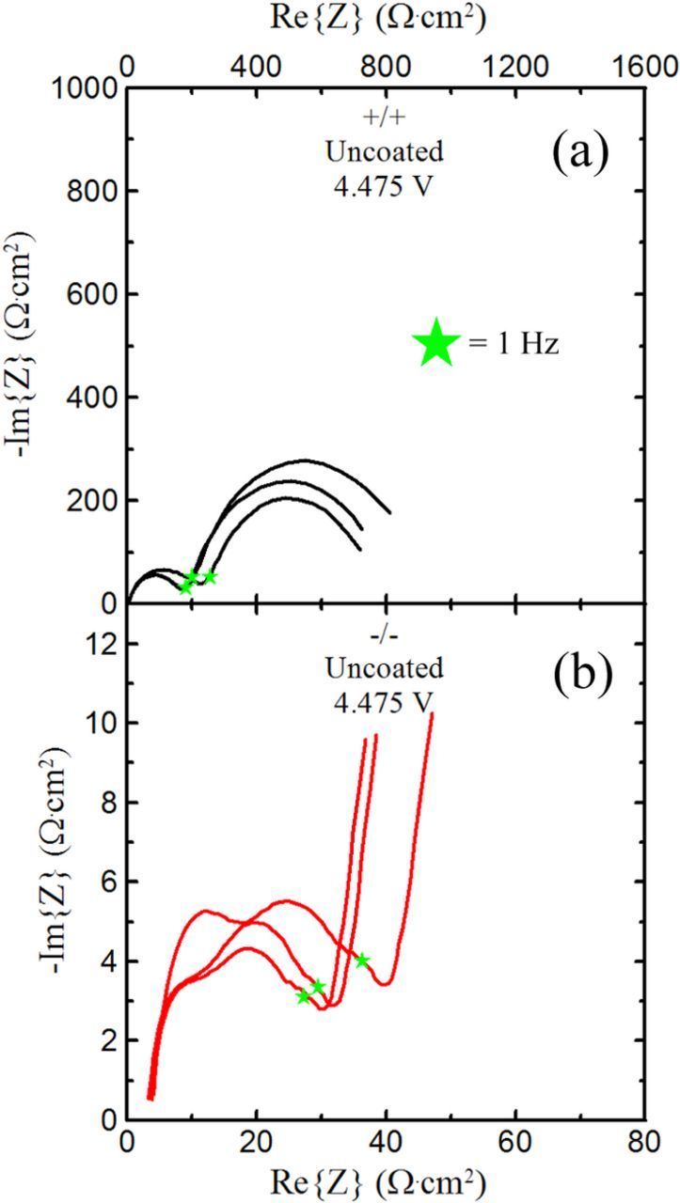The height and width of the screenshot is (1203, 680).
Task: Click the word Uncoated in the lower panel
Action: click(x=384, y=670)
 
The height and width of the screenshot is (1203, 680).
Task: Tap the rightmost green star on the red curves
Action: click(x=362, y=960)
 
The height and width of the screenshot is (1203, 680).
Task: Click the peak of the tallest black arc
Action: click(x=303, y=461)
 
